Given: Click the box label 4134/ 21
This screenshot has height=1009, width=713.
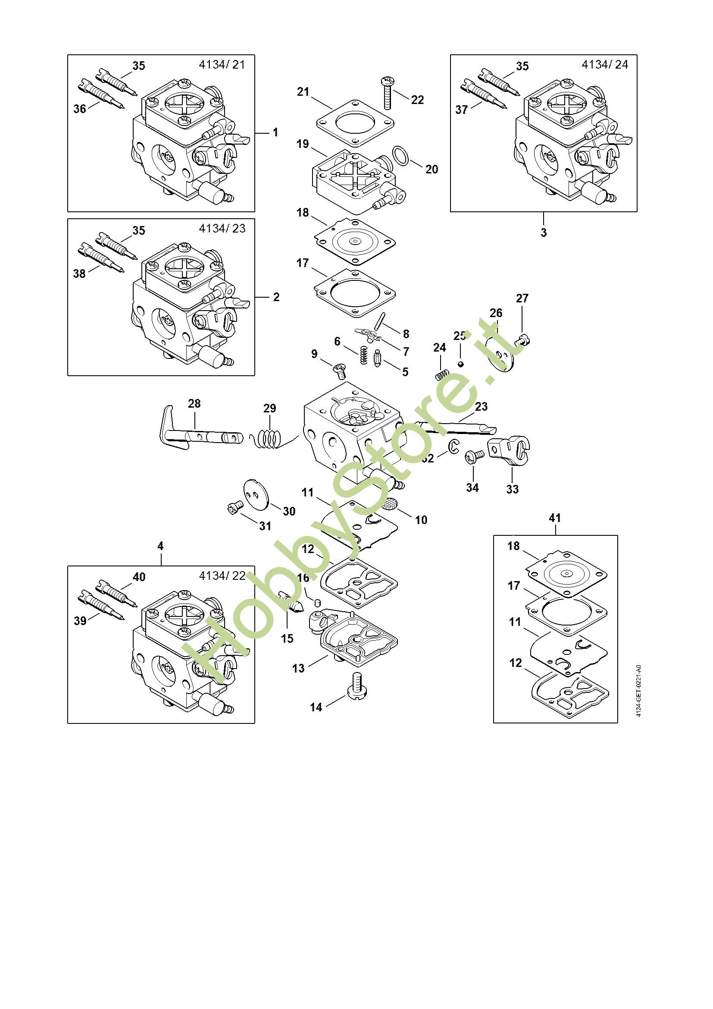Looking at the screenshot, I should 222,65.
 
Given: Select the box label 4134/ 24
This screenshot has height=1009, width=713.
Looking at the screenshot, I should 604,65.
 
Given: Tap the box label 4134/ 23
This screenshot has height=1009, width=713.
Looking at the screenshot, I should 222,229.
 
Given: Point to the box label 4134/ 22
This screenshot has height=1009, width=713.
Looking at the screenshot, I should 222,576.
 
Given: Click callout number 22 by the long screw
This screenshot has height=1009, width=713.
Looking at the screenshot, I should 418,100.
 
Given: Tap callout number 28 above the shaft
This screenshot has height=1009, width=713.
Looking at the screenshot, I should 194,403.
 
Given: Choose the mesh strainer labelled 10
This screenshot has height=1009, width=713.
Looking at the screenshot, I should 389,503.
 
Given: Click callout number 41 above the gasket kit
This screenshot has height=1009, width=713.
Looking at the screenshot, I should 555,518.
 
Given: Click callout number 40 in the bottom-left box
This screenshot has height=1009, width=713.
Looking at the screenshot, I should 139,577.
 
